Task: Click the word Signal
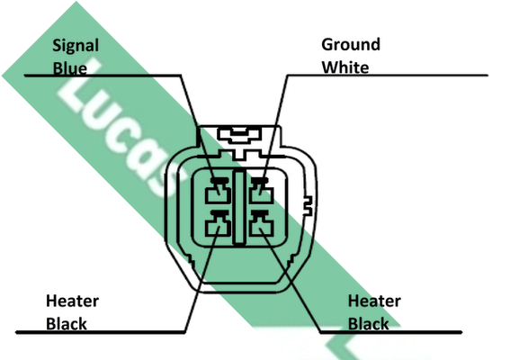tap(76, 46)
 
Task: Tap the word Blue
tap(70, 68)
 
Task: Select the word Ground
tap(351, 45)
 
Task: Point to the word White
tap(345, 67)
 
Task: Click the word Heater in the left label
tap(72, 301)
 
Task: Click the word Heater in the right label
tap(374, 301)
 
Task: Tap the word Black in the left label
tap(67, 324)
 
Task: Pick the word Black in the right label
tap(369, 324)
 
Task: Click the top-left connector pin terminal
tap(219, 191)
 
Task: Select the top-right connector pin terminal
tap(261, 191)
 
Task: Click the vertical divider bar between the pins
tap(239, 207)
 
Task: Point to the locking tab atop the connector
tap(240, 136)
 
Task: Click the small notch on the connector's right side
tap(308, 206)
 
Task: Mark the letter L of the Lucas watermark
tap(80, 85)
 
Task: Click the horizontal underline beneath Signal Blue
tap(103, 76)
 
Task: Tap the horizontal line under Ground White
tap(388, 76)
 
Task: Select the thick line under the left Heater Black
tap(101, 332)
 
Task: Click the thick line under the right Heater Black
tap(391, 332)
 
